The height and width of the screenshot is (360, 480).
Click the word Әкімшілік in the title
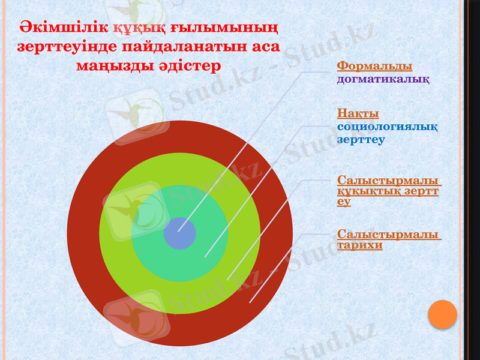click(64, 28)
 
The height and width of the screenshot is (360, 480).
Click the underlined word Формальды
click(374, 65)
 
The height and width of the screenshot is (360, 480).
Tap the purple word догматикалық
click(383, 78)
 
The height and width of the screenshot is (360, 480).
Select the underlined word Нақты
click(358, 113)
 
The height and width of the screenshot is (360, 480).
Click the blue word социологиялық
click(387, 127)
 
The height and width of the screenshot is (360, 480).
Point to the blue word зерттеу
click(361, 139)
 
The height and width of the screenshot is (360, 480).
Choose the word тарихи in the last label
click(359, 245)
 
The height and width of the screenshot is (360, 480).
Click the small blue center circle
click(180, 233)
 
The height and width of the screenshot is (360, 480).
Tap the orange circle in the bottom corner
click(443, 314)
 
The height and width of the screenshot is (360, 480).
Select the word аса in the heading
click(265, 46)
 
